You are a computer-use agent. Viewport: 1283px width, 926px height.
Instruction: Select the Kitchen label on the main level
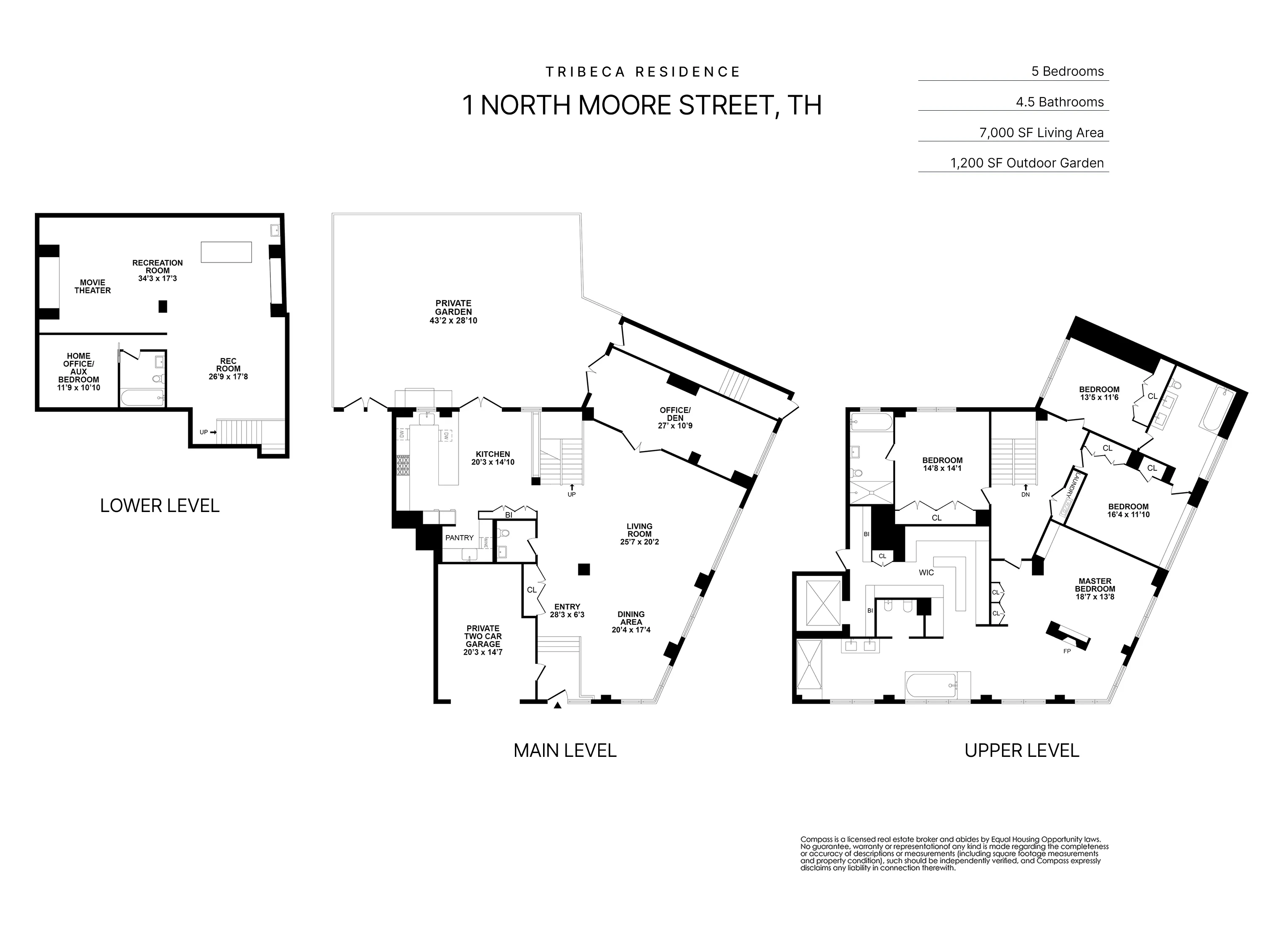[492, 454]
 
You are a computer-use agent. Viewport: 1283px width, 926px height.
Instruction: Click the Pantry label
[459, 537]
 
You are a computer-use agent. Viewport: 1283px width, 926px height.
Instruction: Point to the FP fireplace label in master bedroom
[1067, 651]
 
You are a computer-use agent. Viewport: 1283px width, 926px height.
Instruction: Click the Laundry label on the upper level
[1068, 492]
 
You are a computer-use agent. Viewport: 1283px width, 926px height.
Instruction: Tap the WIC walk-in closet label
[926, 573]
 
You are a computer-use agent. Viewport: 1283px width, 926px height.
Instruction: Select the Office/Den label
[675, 414]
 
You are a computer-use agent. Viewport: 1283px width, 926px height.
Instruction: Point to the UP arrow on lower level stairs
[208, 432]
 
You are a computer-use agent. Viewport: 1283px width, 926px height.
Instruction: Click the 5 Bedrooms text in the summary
[1068, 71]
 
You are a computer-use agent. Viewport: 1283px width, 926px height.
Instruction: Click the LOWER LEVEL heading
[159, 506]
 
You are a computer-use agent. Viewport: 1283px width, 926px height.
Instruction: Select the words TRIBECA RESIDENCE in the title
[643, 72]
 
